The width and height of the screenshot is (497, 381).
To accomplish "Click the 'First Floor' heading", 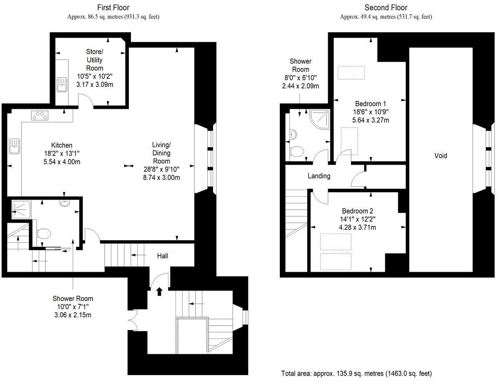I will coord(113,8).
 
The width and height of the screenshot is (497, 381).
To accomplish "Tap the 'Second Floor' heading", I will coord(386,8).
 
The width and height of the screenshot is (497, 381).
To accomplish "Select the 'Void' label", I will coord(441,155).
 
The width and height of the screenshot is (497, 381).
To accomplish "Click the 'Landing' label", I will coord(319,176).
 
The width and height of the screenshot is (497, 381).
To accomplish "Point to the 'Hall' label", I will coord(163,256).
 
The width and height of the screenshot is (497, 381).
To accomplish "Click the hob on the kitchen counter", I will coord(40,115).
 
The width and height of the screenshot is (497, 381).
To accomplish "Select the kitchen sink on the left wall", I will coord(14,146).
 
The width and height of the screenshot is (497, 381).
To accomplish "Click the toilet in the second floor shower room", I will coord(297,151).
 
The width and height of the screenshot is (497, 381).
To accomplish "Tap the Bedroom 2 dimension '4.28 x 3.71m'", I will coord(357,227).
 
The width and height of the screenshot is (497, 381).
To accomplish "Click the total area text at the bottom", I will coord(356,373).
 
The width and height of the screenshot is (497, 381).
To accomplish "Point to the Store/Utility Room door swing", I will coord(85,100).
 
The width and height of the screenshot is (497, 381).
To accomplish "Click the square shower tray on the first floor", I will coord(19,208).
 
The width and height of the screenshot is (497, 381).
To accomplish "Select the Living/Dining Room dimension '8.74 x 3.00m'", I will coord(161,177).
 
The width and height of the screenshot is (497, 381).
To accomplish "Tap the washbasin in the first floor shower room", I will coord(65,203).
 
